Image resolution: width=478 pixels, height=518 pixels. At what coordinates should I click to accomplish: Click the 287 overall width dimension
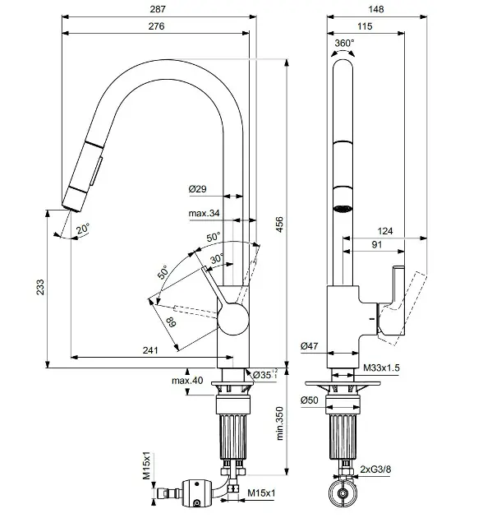tap(158, 9)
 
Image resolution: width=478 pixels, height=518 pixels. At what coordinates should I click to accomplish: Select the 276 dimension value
tap(156, 26)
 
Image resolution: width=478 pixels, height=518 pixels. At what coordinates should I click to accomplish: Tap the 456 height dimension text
tap(279, 224)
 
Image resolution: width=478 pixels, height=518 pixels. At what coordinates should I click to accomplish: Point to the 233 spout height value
tap(40, 287)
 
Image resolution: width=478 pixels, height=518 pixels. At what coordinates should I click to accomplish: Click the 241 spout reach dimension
tap(150, 349)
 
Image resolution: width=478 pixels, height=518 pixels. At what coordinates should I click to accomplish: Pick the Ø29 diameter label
tap(198, 189)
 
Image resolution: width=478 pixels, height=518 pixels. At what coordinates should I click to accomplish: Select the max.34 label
tap(204, 213)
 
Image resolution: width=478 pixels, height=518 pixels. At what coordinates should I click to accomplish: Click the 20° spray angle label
tap(83, 229)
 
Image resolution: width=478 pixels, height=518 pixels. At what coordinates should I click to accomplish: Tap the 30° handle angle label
tap(217, 258)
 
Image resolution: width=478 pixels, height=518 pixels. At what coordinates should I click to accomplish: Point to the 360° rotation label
tap(344, 43)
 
